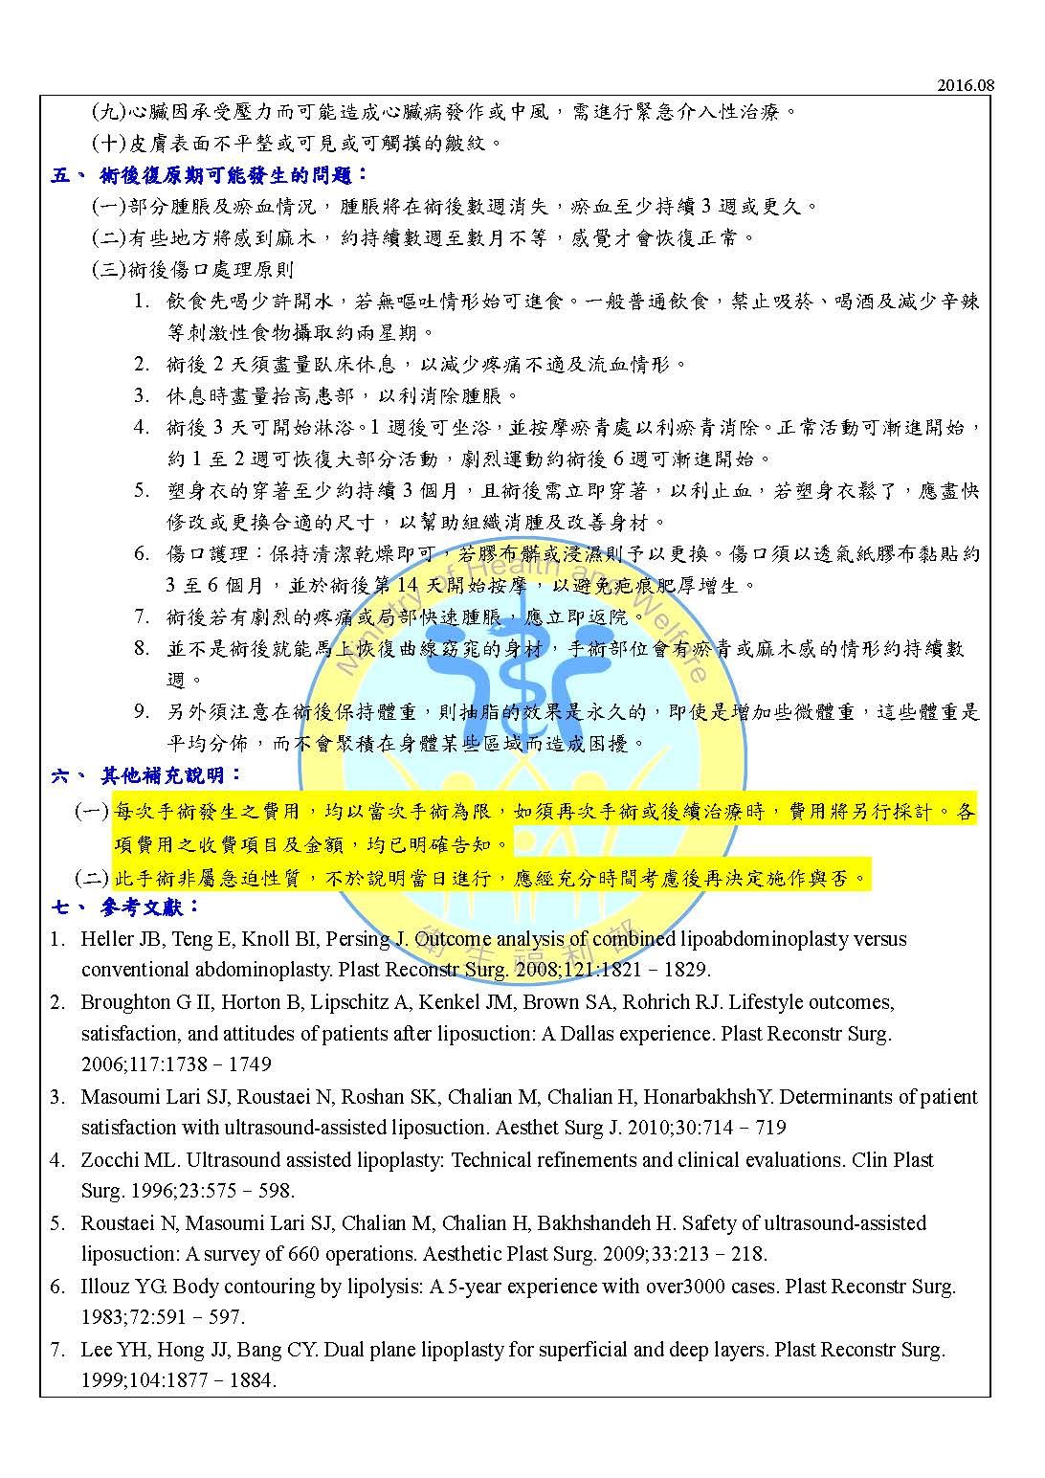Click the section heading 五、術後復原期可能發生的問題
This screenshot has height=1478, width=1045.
(211, 174)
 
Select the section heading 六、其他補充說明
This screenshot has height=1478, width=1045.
(148, 775)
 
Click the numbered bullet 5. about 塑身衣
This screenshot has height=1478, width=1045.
(141, 491)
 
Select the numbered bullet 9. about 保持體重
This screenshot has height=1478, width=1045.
(141, 712)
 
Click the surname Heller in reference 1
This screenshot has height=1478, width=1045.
(107, 939)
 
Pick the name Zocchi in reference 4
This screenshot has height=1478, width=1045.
(111, 1160)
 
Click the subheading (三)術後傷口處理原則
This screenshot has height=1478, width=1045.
(192, 269)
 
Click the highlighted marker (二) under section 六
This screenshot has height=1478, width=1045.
(92, 877)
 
